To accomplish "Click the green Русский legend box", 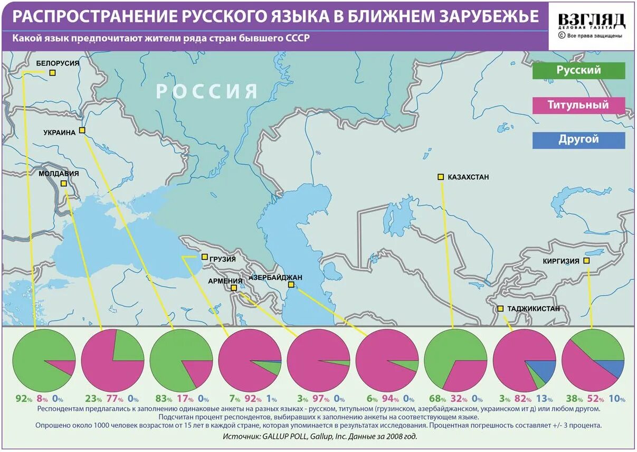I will [578, 70].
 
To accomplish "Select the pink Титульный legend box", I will [578, 105].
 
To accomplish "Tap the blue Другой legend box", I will [578, 140].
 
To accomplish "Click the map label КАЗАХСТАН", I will [468, 177].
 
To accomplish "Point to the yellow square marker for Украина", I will [82, 130].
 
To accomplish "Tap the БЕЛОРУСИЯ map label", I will [58, 63].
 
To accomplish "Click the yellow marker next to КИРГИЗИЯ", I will [586, 261].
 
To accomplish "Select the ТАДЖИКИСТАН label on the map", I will [533, 308].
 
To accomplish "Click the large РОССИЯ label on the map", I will [207, 91].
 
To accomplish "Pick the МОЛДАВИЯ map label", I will [59, 173].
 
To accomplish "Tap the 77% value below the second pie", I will [111, 400].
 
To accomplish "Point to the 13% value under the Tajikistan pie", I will [545, 400].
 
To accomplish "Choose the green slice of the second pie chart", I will [127, 346].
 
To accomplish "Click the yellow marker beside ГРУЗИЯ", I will [205, 257].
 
